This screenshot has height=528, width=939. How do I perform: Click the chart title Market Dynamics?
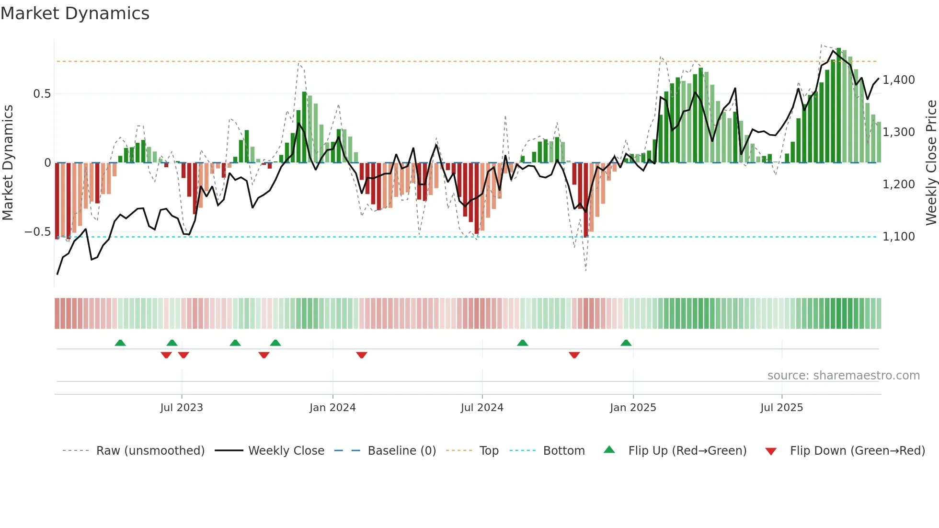coord(75,13)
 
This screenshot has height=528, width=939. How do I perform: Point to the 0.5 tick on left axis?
coord(42,94)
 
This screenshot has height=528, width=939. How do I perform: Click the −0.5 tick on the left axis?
coord(38,232)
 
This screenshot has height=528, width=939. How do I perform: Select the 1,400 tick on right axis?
coord(898,80)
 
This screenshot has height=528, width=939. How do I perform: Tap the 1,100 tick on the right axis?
coord(898,236)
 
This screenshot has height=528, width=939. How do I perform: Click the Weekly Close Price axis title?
coord(931,162)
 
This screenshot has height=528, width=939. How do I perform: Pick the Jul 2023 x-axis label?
coord(182,408)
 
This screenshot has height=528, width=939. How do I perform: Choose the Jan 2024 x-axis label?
coord(332,408)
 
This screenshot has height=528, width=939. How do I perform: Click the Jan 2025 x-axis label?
coord(633,408)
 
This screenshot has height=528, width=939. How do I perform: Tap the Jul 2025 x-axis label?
coord(781,408)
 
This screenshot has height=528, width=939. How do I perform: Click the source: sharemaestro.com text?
coord(843,376)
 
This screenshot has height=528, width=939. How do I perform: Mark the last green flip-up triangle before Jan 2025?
coord(626,343)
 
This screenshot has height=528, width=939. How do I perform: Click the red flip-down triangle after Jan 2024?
coord(362,355)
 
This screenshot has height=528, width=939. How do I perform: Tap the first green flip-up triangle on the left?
coord(120,343)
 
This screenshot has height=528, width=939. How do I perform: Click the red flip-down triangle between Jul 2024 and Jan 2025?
coord(574,355)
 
